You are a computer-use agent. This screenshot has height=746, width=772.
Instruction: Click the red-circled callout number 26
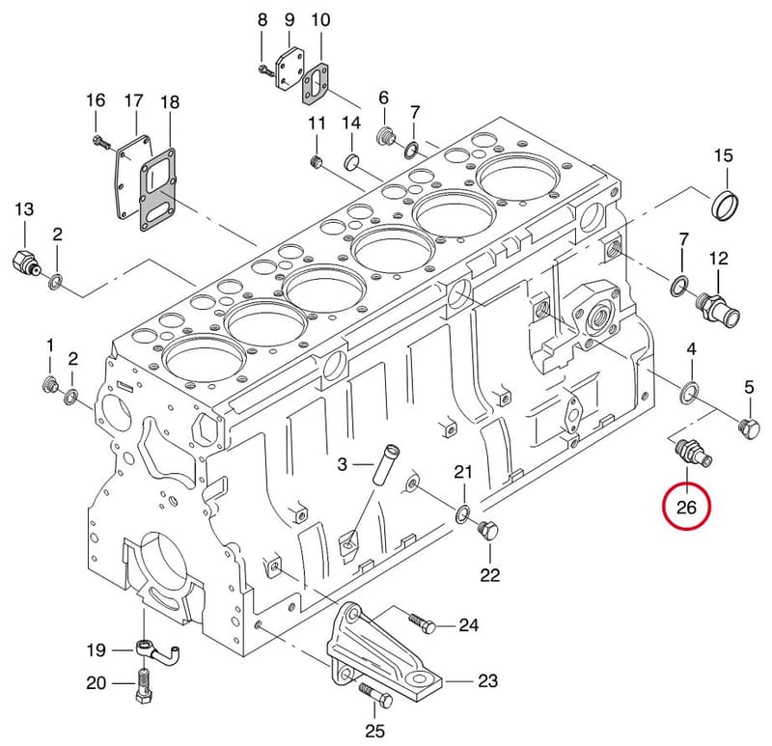tap(686, 507)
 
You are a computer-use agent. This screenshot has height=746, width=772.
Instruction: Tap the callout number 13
tap(24, 208)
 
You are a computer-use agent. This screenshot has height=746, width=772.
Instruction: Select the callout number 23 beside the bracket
tap(487, 680)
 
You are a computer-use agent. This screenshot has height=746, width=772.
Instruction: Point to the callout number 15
tap(723, 155)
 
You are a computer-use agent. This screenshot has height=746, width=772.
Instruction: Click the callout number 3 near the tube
tap(343, 464)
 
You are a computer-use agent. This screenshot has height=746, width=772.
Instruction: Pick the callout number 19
tap(96, 650)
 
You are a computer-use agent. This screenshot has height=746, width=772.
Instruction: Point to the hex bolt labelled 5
tap(749, 428)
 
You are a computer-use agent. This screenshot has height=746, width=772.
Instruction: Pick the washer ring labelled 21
tap(462, 513)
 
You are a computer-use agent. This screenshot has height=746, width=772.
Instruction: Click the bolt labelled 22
tap(488, 530)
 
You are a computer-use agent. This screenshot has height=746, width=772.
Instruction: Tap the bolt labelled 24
tap(423, 622)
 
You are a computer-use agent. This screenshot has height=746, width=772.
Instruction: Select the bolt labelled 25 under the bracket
tap(376, 694)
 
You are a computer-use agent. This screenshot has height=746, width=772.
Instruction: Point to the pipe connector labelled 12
tap(718, 310)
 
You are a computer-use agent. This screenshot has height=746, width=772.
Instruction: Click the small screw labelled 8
tap(265, 70)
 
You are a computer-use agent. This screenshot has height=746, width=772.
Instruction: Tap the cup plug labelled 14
tap(351, 161)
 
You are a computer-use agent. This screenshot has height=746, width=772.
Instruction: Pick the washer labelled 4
tap(689, 391)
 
